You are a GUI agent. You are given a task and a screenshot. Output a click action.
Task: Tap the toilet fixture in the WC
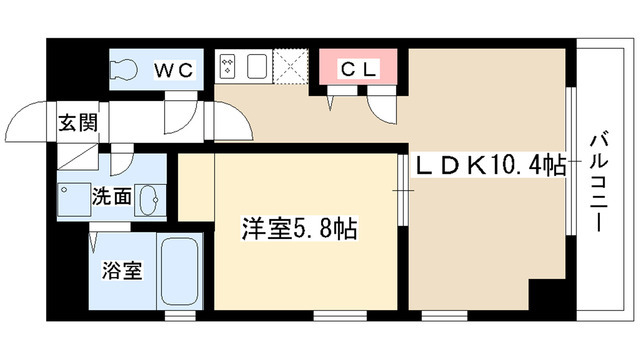pos(126,70)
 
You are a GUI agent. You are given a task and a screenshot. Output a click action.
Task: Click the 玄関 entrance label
pos(76,124)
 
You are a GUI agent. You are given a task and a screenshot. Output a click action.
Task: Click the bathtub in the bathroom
pos(182,274)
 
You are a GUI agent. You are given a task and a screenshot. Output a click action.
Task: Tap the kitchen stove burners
pos(227,69)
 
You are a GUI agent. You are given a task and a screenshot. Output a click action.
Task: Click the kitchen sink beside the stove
pos(255,69)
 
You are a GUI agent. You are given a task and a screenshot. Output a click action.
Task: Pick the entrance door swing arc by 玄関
pos(30,125)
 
